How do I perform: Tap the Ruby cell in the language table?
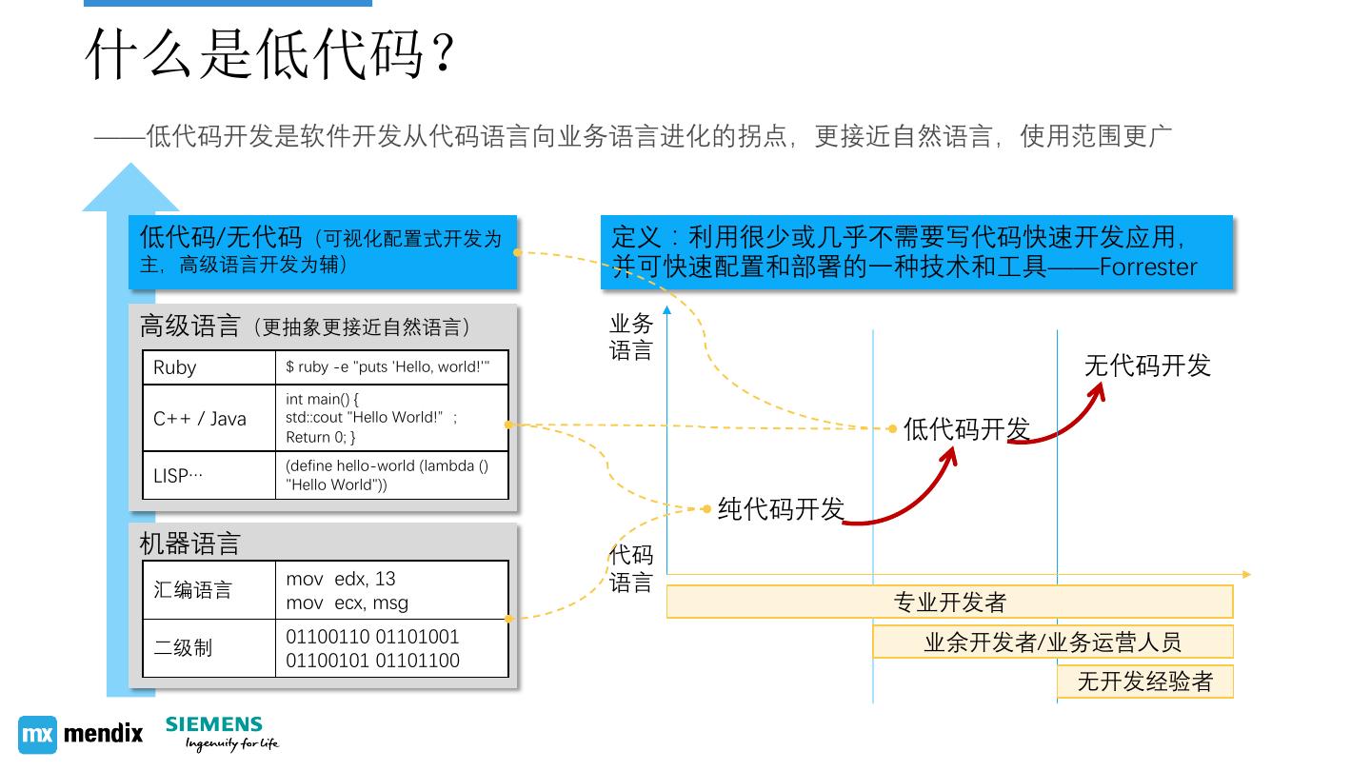[x=209, y=367]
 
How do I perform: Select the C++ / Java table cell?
[x=209, y=418]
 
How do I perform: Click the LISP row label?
[x=209, y=475]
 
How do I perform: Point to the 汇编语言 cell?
[x=209, y=590]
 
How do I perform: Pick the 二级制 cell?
[x=209, y=648]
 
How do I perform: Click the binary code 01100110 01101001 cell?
[x=391, y=648]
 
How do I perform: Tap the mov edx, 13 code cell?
[x=391, y=590]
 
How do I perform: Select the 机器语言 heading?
[x=190, y=544]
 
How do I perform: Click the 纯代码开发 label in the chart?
[x=781, y=509]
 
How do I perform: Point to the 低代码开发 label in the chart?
[x=966, y=429]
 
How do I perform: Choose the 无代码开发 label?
[x=1147, y=366]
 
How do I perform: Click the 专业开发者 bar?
[x=949, y=602]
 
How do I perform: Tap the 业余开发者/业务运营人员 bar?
[x=1052, y=642]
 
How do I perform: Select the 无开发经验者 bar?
[x=1144, y=682]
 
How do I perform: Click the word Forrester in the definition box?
[x=1147, y=267]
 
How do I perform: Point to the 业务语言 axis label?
[x=631, y=338]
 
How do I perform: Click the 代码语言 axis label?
[x=631, y=568]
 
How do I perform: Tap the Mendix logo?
[x=81, y=734]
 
